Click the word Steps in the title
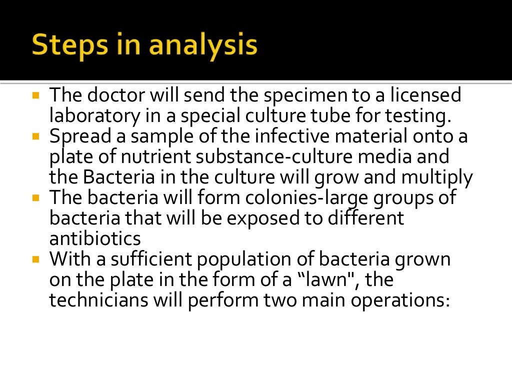pos(69,46)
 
